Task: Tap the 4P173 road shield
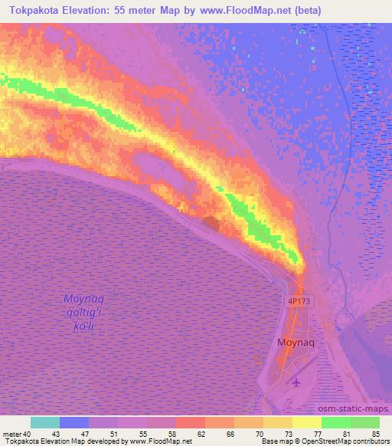coord(299,301)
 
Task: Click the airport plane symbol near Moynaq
coord(297,382)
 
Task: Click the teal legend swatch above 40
coord(45,422)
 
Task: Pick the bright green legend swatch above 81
coord(336,422)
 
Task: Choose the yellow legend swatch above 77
coord(307,422)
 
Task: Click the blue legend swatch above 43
coord(74,422)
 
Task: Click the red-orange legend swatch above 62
coord(191,422)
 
